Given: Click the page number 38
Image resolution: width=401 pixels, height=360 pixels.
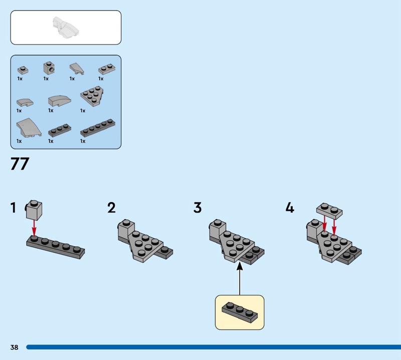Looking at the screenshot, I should click(14, 347).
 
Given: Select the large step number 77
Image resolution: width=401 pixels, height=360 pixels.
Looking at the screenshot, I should click(20, 165).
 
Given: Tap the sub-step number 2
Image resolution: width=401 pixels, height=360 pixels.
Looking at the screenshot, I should click(111, 208).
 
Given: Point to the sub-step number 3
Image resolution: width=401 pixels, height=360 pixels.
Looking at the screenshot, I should click(197, 208).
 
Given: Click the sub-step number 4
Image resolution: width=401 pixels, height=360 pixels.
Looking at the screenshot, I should click(290, 208).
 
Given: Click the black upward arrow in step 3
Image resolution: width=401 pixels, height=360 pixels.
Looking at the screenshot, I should click(240, 278).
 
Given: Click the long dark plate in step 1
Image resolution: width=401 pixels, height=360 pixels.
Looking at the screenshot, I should click(55, 248).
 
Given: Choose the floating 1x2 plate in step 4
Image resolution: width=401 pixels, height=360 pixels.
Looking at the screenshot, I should click(329, 210).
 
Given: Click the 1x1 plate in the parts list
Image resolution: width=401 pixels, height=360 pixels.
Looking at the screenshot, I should click(22, 70).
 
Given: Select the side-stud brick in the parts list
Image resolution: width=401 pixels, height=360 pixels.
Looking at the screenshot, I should click(49, 68).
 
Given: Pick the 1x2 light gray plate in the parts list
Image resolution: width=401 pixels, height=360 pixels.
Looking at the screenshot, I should click(105, 69).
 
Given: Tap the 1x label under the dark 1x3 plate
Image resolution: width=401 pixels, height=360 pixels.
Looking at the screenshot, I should click(51, 141).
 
